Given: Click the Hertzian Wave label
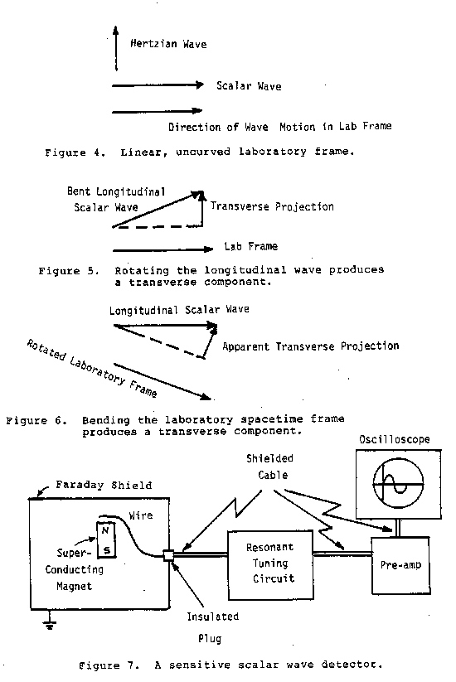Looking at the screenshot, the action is click(168, 43).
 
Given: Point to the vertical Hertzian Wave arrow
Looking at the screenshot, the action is click(116, 48).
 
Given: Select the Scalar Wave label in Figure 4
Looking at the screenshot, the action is click(249, 85).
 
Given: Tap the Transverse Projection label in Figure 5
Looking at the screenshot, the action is click(273, 206).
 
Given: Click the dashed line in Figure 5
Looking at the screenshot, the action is click(158, 226).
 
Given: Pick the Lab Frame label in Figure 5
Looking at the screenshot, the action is click(250, 246).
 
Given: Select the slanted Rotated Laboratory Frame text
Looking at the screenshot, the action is click(92, 368).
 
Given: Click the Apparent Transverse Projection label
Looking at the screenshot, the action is click(311, 346).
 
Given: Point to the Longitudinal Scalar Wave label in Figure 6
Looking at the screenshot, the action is click(179, 310).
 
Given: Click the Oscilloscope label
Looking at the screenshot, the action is click(394, 439).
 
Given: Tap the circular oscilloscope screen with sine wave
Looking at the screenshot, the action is click(398, 484).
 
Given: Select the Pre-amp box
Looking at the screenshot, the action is click(400, 565).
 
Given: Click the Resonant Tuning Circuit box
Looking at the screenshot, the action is click(270, 564).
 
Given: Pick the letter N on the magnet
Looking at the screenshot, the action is click(105, 530).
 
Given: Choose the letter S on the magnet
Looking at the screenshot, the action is click(107, 550).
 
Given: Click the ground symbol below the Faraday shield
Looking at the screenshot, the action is click(50, 622).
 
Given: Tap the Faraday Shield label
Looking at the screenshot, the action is click(104, 485).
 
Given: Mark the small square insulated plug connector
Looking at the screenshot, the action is click(168, 555).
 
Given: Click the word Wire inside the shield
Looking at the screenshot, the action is click(141, 515).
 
